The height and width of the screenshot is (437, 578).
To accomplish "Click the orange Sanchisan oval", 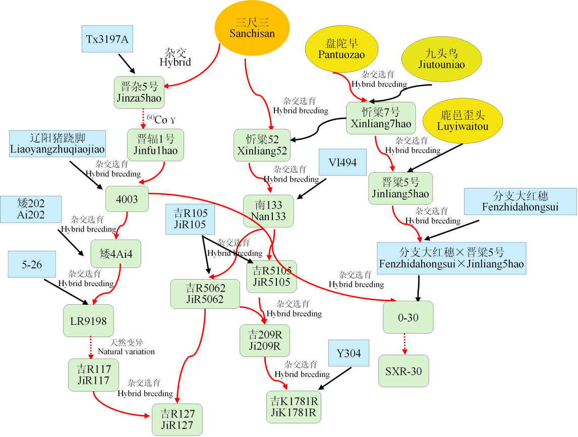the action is coord(252,28).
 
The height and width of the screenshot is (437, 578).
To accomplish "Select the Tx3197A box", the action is coord(107,39).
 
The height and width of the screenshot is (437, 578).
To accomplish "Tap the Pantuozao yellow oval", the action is coord(342,49).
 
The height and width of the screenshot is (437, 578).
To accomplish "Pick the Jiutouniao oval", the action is coord(442,59).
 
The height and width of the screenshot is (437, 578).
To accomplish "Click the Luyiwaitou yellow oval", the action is coord(463,121).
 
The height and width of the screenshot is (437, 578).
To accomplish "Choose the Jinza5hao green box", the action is coord(139,92).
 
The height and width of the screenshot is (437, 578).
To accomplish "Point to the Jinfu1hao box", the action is coord(155,145).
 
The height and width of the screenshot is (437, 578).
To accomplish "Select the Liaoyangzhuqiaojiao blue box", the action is coord(57,143).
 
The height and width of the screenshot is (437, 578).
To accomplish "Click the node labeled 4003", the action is coord(127,199).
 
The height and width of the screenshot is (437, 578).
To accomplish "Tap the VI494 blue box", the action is coord(343,162).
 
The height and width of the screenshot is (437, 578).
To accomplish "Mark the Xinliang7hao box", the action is coord(381,118).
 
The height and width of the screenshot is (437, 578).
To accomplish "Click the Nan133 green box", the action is coord(268,211).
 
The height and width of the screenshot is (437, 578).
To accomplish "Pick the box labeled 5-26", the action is coord(32,264).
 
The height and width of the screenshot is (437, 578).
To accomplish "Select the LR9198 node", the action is coord(88,321).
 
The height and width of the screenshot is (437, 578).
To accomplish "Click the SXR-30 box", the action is coord(403,371).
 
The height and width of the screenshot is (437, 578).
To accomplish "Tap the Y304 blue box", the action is coord(349,353).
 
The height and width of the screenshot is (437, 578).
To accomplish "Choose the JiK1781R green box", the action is coord(294,407).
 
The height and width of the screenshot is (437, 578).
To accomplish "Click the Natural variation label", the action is coord(126,351).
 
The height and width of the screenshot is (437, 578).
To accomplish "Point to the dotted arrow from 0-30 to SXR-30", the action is coord(404,344).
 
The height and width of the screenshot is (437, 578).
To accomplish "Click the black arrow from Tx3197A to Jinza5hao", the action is coord(127,64).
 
